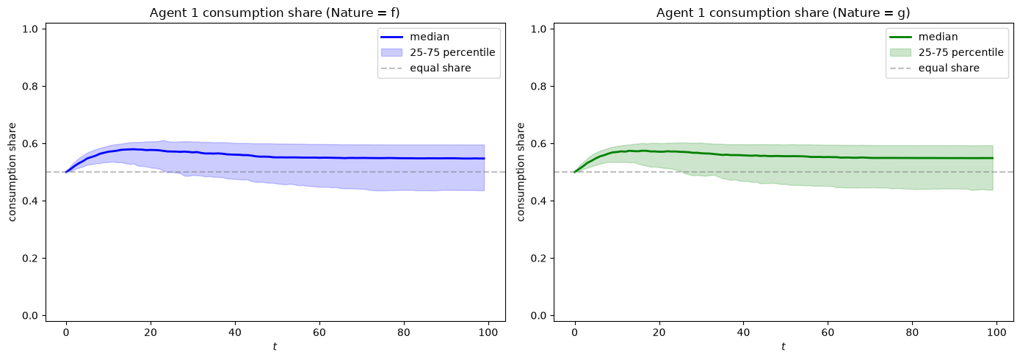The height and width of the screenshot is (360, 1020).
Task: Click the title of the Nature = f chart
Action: (x=275, y=12)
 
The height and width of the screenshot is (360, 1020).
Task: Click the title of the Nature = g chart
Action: (x=784, y=12)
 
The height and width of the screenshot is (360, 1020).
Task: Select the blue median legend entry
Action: (x=415, y=37)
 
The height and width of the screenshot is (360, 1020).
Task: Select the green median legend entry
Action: (x=924, y=37)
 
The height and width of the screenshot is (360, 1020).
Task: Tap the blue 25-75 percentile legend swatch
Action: (x=391, y=52)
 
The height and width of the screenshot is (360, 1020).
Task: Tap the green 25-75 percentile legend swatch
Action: (x=900, y=52)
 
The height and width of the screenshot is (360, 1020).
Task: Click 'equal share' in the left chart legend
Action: (x=441, y=68)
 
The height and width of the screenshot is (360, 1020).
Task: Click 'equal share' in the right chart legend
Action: (x=949, y=68)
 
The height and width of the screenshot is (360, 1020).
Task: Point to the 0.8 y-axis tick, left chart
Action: (x=30, y=86)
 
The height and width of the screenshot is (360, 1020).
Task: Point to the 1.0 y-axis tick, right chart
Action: (x=539, y=29)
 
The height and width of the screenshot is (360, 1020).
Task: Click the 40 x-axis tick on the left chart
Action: (x=235, y=333)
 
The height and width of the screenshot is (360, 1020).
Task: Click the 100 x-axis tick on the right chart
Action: (x=997, y=333)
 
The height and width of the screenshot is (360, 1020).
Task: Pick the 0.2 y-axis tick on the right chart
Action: (x=539, y=259)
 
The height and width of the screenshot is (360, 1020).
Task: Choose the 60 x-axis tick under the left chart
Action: (x=319, y=333)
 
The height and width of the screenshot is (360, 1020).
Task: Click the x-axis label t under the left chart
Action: (x=275, y=347)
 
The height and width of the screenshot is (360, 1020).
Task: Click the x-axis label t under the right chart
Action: (x=784, y=347)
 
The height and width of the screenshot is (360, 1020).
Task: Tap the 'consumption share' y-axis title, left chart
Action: (x=12, y=172)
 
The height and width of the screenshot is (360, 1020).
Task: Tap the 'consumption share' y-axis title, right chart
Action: (x=521, y=172)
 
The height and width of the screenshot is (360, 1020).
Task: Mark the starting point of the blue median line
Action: (x=66, y=172)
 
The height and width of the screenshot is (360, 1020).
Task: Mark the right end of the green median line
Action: (x=992, y=158)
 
